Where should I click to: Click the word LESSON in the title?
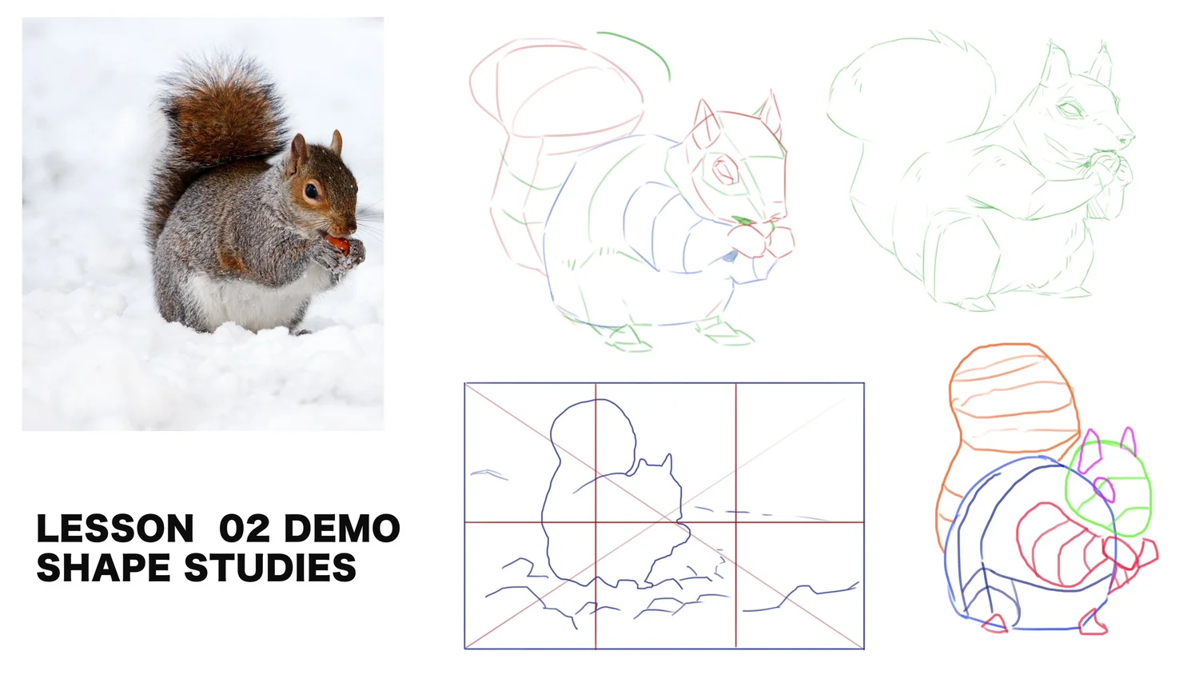tap(115, 529)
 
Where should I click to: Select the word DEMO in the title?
tap(342, 529)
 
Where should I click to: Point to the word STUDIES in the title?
tap(270, 569)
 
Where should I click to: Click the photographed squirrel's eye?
tap(311, 190)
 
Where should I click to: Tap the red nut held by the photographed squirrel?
tap(337, 243)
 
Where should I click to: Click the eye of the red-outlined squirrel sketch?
tap(726, 170)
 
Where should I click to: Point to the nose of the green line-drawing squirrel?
tap(1129, 138)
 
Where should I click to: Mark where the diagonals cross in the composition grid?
tap(664, 516)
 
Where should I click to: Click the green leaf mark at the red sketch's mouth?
tap(743, 220)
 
